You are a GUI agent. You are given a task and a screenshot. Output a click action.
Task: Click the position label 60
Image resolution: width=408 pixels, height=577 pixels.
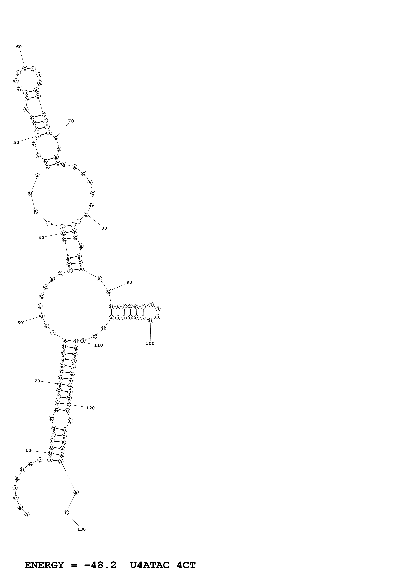click(x=19, y=47)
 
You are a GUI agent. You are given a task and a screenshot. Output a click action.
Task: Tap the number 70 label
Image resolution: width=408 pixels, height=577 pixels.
click(x=71, y=121)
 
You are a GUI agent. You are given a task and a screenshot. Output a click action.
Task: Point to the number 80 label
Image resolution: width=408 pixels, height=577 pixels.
click(x=104, y=228)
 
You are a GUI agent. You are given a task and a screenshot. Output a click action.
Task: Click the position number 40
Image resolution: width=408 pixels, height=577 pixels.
click(x=41, y=238)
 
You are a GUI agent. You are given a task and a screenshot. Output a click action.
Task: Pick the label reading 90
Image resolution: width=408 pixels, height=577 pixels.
click(x=129, y=282)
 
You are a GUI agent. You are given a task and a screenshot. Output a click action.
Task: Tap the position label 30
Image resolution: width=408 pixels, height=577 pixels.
click(x=20, y=323)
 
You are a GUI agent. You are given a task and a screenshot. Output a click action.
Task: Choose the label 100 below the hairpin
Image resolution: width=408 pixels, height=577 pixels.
click(x=150, y=344)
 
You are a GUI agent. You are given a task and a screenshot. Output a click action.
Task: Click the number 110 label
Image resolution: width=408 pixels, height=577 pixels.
click(x=99, y=345)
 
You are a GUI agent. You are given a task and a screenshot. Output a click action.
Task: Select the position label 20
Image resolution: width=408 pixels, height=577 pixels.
click(x=37, y=381)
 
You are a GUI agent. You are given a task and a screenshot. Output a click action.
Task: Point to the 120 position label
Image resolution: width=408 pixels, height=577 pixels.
click(x=91, y=408)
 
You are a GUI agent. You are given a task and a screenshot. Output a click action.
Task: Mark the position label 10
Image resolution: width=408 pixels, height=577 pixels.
click(x=28, y=451)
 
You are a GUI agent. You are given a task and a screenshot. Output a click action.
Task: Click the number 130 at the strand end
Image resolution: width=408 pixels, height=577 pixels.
click(x=81, y=529)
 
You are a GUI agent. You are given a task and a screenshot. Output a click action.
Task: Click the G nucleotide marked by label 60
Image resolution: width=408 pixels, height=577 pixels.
click(x=25, y=68)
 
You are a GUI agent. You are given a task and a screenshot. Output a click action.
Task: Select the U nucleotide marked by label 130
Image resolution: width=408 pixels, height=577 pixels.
click(x=66, y=513)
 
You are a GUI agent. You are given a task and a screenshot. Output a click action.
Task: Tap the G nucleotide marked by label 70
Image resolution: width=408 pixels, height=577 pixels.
click(x=56, y=137)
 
